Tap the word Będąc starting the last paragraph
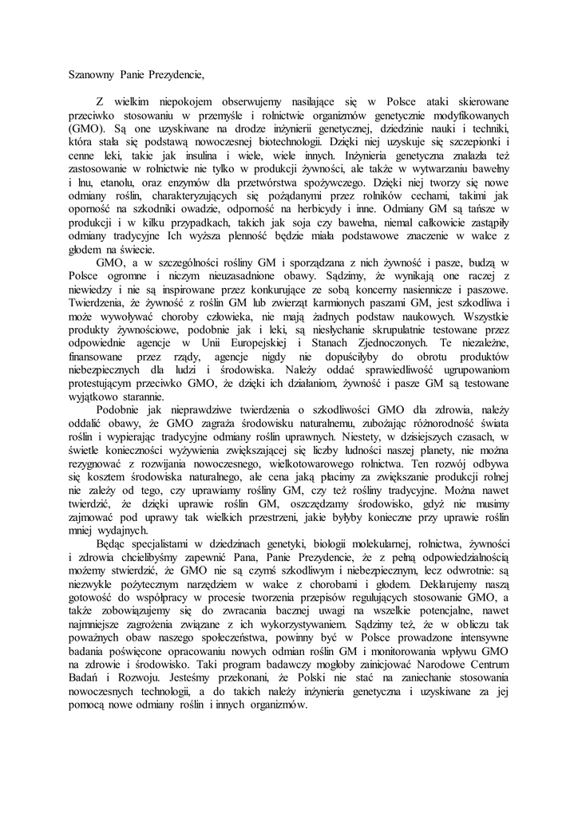(x=113, y=544)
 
